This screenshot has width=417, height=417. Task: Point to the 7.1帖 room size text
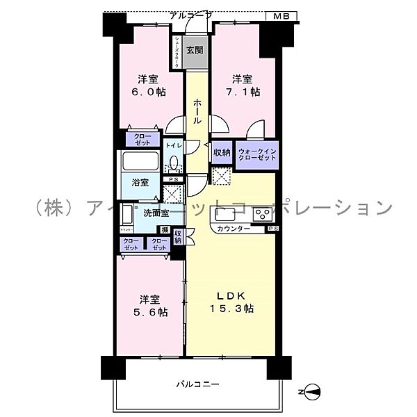245,91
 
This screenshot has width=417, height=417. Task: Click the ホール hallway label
197,111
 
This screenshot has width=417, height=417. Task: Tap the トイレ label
173,145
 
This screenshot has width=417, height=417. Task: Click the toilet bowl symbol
174,164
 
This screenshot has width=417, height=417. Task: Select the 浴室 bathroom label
140,182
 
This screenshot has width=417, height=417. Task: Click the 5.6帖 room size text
151,312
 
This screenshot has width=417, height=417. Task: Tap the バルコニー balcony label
197,383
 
